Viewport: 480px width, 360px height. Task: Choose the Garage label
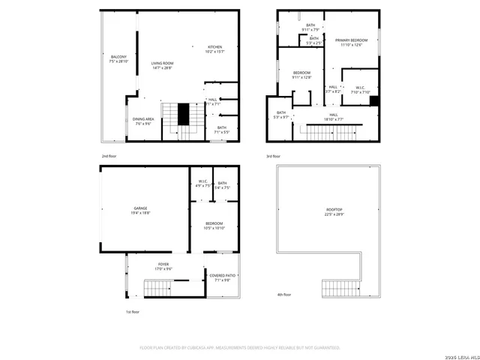pos(140,209)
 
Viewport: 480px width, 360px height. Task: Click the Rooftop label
pos(324,212)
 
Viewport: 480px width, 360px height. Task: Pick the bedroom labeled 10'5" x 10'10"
pos(214,224)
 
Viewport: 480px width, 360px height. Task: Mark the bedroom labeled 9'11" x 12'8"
pos(301,74)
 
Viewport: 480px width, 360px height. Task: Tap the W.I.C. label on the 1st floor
pos(202,183)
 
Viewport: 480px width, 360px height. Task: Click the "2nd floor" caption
pos(110,156)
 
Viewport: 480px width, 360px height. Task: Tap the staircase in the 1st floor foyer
pos(158,287)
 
